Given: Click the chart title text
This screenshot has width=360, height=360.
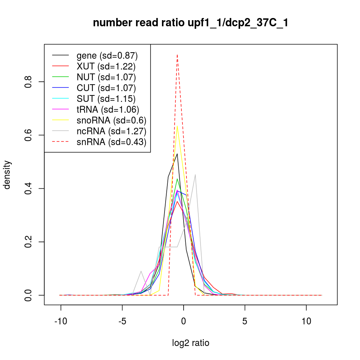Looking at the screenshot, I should pyautogui.click(x=190, y=23).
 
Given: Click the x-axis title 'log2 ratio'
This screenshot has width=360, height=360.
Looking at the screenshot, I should pyautogui.click(x=190, y=343).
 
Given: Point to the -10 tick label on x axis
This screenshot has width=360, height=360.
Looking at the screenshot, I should pyautogui.click(x=60, y=321).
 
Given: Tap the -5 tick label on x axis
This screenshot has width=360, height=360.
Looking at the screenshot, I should pyautogui.click(x=122, y=321).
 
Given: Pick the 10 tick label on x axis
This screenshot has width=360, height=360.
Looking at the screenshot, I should pyautogui.click(x=306, y=321).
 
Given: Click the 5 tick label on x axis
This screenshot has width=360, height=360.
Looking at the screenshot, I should pyautogui.click(x=245, y=321).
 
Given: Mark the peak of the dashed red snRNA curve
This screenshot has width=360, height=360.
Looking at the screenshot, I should pyautogui.click(x=177, y=55).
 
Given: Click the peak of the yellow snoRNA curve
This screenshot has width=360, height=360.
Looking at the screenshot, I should pyautogui.click(x=177, y=126).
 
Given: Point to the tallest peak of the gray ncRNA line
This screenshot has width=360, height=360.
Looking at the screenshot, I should pyautogui.click(x=195, y=175).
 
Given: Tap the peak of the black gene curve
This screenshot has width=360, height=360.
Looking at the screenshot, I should pyautogui.click(x=177, y=154).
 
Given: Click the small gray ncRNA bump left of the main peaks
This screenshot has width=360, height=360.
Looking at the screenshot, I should pyautogui.click(x=141, y=271).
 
